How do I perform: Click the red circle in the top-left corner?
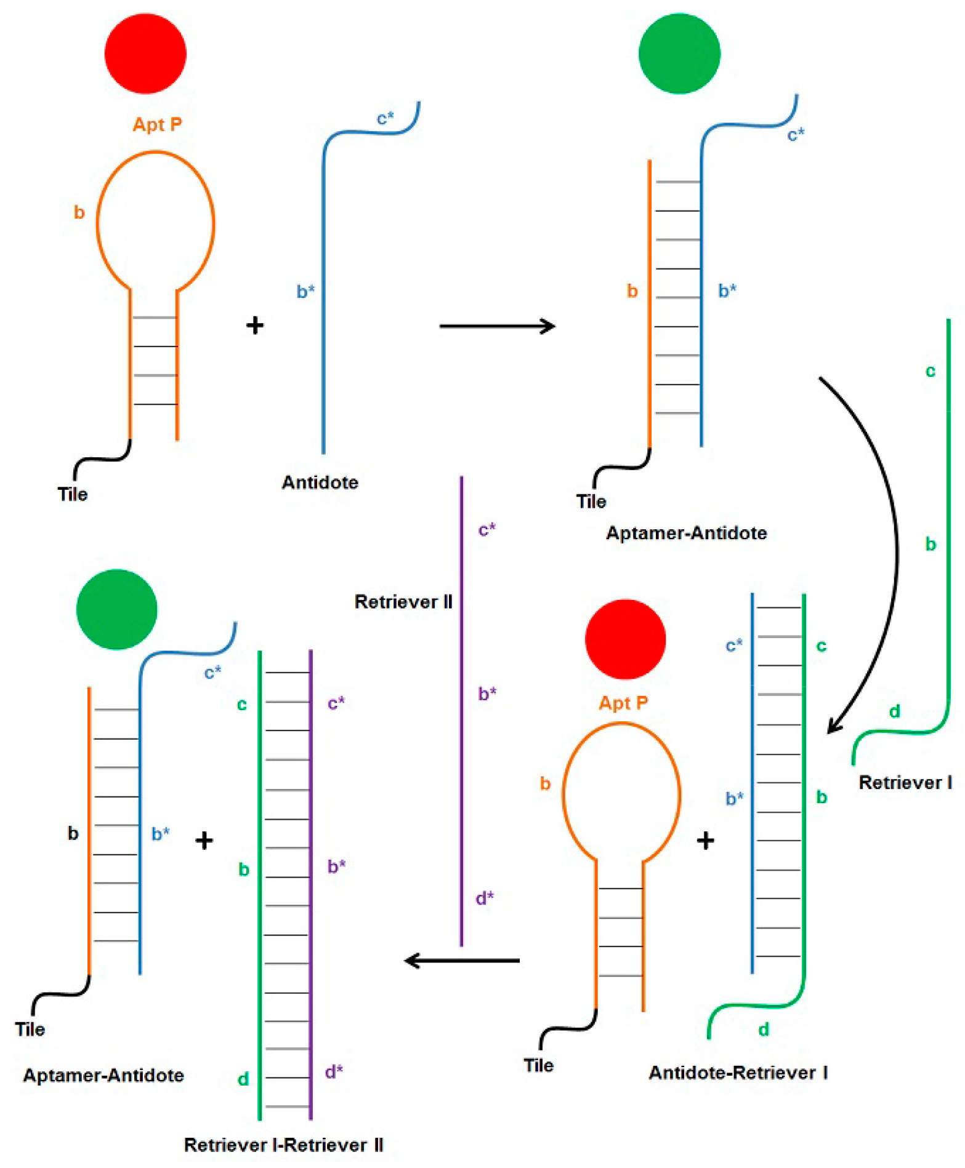point(145,54)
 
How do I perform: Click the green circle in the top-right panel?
point(679,54)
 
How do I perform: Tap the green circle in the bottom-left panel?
point(116,609)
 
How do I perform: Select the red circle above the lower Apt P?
point(625,639)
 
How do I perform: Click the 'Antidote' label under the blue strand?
point(320,482)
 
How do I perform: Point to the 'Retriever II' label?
point(403,601)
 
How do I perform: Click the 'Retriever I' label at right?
point(905,782)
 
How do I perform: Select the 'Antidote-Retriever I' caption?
point(738,1073)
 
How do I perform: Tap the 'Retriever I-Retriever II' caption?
point(283,1145)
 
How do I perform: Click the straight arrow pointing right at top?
point(497,326)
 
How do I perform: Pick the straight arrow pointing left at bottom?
point(462,960)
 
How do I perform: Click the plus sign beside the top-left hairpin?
point(255,325)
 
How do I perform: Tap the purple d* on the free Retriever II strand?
point(485,898)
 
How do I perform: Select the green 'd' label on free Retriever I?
point(895,711)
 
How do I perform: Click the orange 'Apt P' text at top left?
point(157,124)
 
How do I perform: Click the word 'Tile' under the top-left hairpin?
point(73,494)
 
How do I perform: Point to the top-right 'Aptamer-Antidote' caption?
point(686,533)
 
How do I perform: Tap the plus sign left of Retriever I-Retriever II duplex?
point(204,840)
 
